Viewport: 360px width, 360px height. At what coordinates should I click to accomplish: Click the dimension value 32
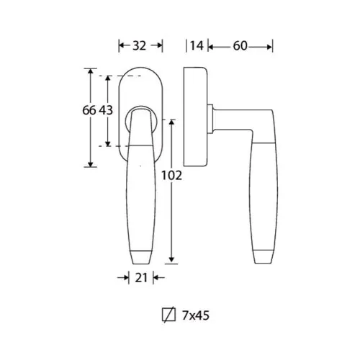pos(139,45)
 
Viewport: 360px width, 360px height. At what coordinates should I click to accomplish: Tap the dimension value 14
pos(197,45)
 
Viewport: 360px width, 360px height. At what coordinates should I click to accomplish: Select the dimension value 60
pos(240,45)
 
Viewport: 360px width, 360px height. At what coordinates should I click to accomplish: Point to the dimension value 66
pos(89,110)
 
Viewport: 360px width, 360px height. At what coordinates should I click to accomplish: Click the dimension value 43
pos(106,110)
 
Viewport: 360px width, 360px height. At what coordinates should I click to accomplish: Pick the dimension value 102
pos(171,176)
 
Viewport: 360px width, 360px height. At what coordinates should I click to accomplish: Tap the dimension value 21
pos(141,278)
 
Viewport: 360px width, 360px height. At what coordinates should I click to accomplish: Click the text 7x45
pos(196,315)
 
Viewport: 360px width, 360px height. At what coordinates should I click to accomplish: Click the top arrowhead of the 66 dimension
pos(90,71)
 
